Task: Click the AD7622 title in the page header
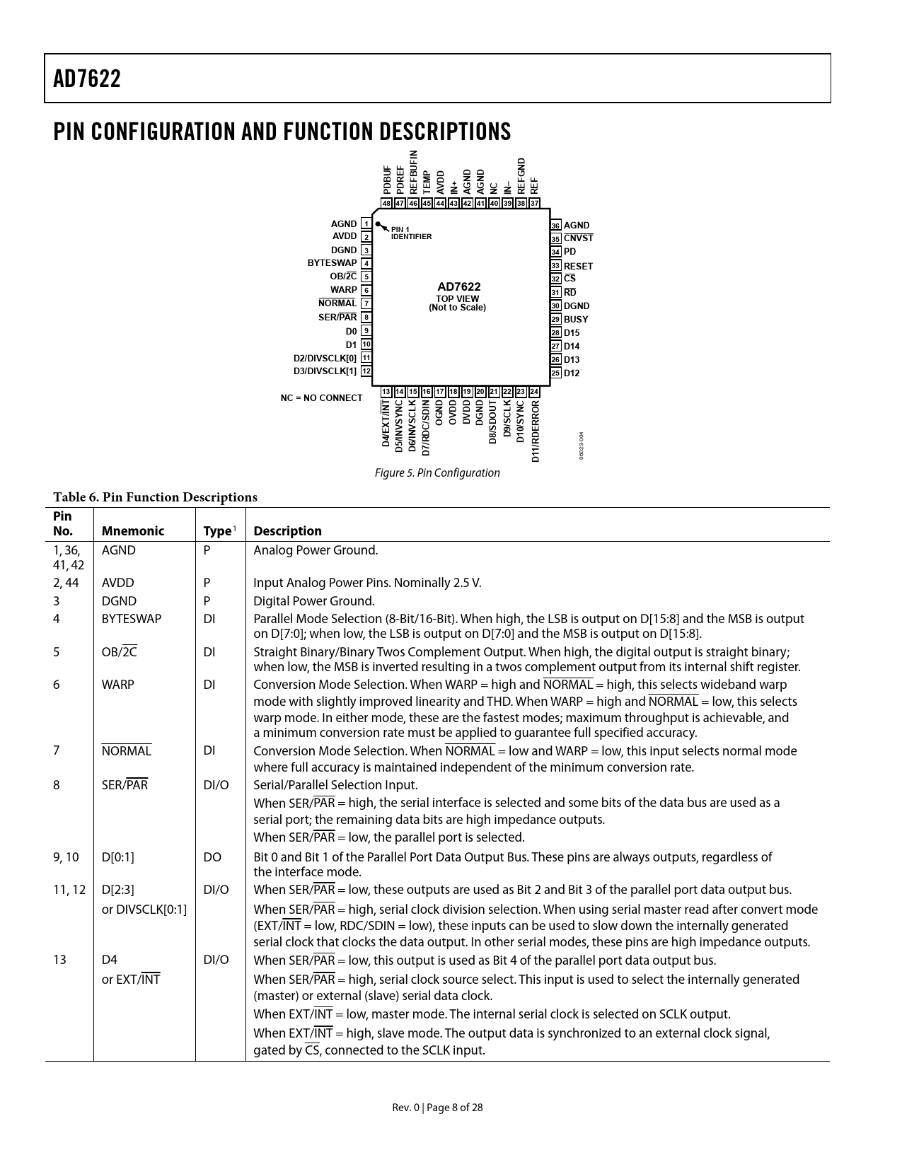pos(87,79)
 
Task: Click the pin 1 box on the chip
pos(366,223)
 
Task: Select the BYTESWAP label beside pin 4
pos(332,263)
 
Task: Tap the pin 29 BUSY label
pos(576,319)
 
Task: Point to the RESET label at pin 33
pos(578,266)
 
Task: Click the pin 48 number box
pos(386,204)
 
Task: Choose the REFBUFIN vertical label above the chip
pos(414,172)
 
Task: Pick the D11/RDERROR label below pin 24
pos(536,431)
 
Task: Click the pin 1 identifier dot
pos(378,224)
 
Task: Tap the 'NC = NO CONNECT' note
pos(321,397)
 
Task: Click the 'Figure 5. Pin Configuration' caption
pos(436,472)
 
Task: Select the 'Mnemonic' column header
pos(132,531)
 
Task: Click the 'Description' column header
pos(287,531)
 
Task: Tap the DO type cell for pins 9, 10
pos(212,857)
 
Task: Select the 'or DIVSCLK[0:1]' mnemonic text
pos(144,910)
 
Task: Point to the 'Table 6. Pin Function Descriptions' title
pos(155,497)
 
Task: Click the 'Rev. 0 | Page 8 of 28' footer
pos(438,1108)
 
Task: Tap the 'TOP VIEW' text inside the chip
pos(457,298)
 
